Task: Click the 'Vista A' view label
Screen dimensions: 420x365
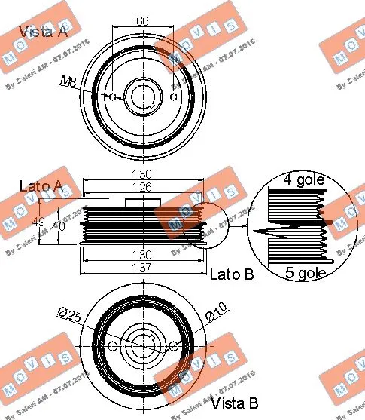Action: (43, 32)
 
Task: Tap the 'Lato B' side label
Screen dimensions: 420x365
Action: (231, 274)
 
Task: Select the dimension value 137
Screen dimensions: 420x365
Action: (142, 268)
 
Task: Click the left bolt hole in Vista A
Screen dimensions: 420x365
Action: (112, 97)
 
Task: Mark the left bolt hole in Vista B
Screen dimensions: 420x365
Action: (112, 346)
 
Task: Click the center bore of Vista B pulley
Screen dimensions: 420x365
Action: (143, 346)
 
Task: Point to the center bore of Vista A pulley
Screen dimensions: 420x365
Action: (143, 97)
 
